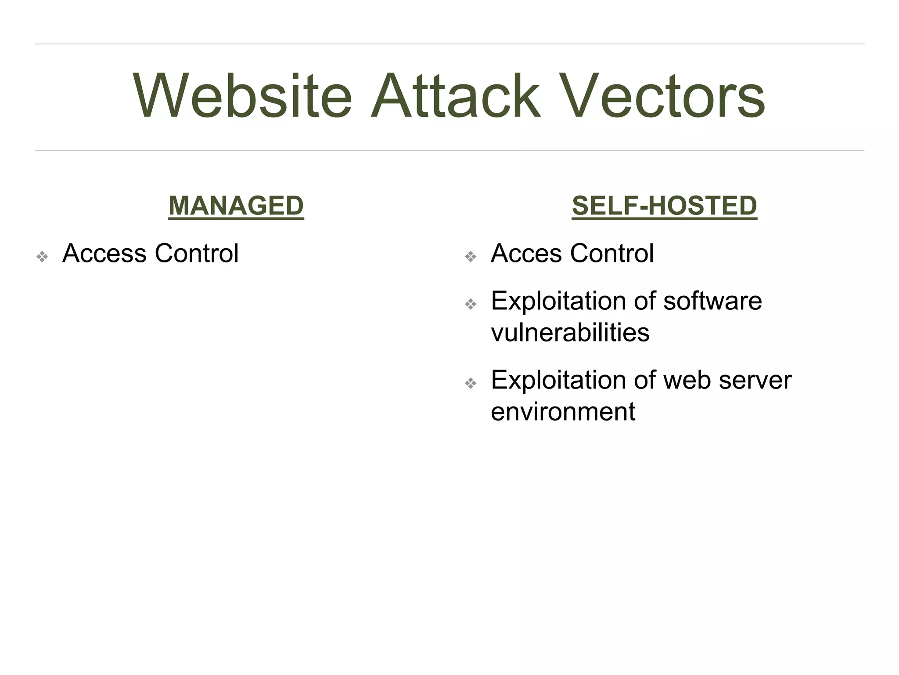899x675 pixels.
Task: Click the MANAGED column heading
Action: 236,206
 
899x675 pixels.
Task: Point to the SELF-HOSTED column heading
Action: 664,206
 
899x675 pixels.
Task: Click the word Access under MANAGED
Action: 104,254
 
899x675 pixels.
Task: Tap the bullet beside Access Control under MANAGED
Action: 42,257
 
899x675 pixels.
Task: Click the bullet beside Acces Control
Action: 471,257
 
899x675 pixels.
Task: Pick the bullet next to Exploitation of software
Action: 471,304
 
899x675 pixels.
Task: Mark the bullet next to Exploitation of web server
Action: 471,383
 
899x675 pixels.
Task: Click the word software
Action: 712,301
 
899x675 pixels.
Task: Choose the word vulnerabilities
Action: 570,333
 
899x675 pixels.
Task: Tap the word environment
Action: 563,412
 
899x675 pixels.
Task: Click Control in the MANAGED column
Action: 196,254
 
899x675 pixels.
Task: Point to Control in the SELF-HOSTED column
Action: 611,254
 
